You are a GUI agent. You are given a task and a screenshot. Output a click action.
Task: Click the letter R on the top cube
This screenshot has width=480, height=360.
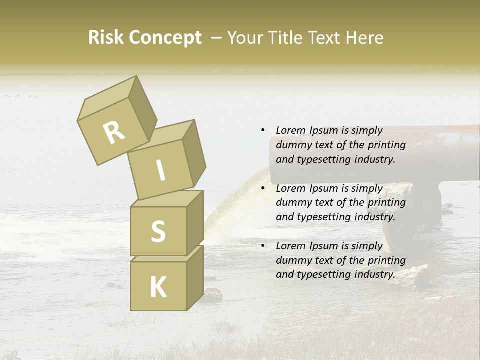tap(114, 133)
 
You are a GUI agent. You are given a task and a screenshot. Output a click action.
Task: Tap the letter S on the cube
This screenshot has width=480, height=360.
tap(158, 231)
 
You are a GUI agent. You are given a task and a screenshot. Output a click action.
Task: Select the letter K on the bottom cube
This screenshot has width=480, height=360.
tap(158, 287)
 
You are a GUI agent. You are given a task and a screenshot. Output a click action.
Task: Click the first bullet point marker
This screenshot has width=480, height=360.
tap(263, 130)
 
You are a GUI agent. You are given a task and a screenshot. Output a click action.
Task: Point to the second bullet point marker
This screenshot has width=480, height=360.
tap(263, 188)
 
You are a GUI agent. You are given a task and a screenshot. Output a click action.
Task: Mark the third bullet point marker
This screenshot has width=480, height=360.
tap(263, 246)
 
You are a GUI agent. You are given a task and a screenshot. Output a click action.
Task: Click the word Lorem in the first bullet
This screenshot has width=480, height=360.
tap(291, 130)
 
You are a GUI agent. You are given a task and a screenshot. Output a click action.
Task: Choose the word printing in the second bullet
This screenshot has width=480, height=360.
tap(386, 202)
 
